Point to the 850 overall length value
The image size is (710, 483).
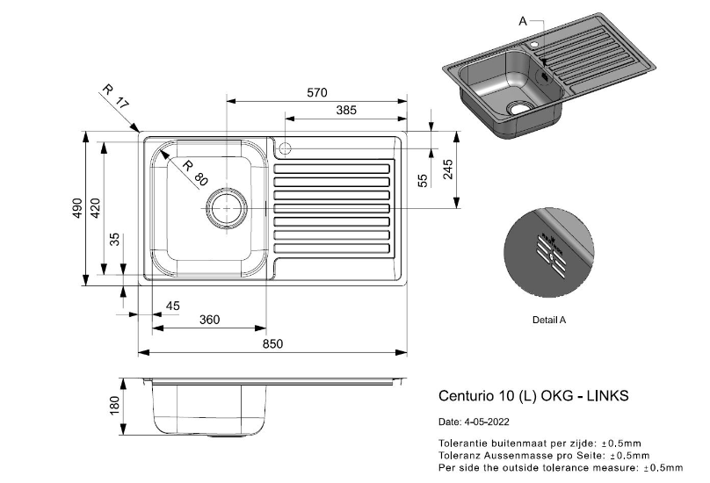[272, 344]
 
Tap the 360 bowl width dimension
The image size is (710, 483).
[209, 320]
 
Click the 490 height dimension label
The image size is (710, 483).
[77, 208]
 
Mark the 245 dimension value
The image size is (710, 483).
[447, 169]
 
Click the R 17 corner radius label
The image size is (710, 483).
[115, 96]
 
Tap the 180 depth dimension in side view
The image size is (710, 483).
[114, 406]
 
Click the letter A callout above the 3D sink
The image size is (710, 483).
[523, 20]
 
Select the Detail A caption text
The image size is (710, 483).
[549, 320]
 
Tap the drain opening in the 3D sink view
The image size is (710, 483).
[520, 109]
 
